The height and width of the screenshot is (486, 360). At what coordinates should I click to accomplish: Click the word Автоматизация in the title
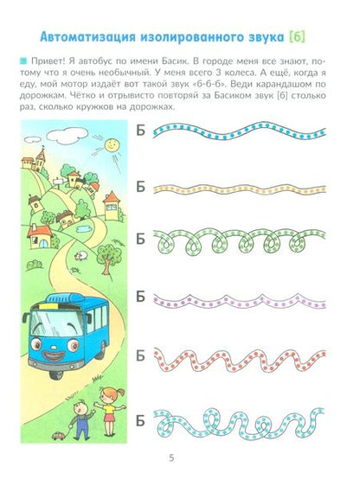point(87,37)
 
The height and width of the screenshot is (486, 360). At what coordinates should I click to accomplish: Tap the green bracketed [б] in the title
point(297,37)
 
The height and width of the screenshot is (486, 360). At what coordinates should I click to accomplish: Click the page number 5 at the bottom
point(171,457)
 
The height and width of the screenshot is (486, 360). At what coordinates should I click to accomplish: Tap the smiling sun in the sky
point(111,145)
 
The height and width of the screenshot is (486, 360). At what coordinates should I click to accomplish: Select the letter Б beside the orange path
point(141,187)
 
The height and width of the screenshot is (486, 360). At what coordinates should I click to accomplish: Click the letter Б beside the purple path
point(141,297)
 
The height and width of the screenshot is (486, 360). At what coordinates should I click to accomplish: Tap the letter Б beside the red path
point(141,355)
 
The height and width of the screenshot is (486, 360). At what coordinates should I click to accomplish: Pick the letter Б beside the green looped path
point(141,239)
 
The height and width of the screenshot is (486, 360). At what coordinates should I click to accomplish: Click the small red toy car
point(58,436)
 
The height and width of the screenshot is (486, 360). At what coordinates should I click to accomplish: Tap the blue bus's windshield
point(56,323)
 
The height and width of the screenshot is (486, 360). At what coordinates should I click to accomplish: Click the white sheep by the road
point(81,255)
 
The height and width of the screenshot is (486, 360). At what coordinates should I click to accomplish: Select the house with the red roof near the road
point(39,237)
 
